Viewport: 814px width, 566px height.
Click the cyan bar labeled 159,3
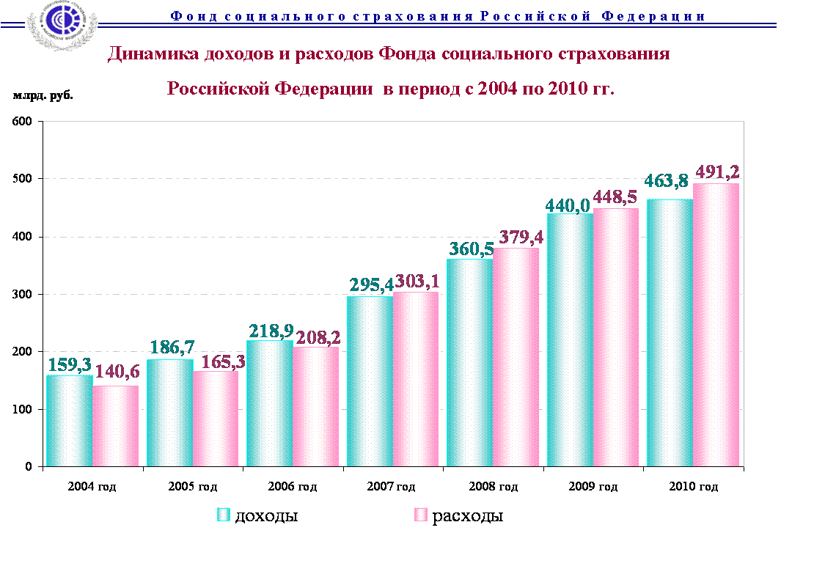click(70, 421)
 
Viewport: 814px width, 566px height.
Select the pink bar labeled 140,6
click(116, 426)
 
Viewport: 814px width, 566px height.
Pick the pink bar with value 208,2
click(316, 406)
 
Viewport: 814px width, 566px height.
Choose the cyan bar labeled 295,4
click(370, 381)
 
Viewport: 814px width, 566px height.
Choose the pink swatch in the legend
click(420, 515)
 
